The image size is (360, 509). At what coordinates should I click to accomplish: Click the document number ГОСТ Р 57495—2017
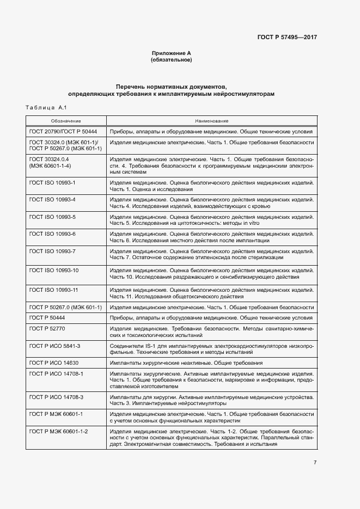click(x=287, y=38)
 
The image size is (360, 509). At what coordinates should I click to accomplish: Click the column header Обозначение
click(x=66, y=121)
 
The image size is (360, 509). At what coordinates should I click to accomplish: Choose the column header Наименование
click(x=211, y=121)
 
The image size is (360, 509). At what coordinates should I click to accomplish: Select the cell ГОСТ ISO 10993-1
click(x=52, y=182)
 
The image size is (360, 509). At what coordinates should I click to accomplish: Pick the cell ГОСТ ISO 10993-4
click(x=52, y=200)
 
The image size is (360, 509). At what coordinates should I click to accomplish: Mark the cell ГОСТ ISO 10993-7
click(x=52, y=251)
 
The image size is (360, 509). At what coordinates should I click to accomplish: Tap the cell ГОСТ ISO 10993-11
click(x=54, y=290)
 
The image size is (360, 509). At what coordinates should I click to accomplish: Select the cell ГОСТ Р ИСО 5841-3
click(x=55, y=346)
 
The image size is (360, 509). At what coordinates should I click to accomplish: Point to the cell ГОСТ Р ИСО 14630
click(x=54, y=363)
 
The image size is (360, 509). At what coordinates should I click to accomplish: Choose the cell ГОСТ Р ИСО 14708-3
click(x=56, y=397)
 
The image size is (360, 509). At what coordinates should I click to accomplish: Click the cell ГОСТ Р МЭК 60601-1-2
click(x=59, y=431)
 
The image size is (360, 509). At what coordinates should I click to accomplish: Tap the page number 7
click(x=315, y=463)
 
